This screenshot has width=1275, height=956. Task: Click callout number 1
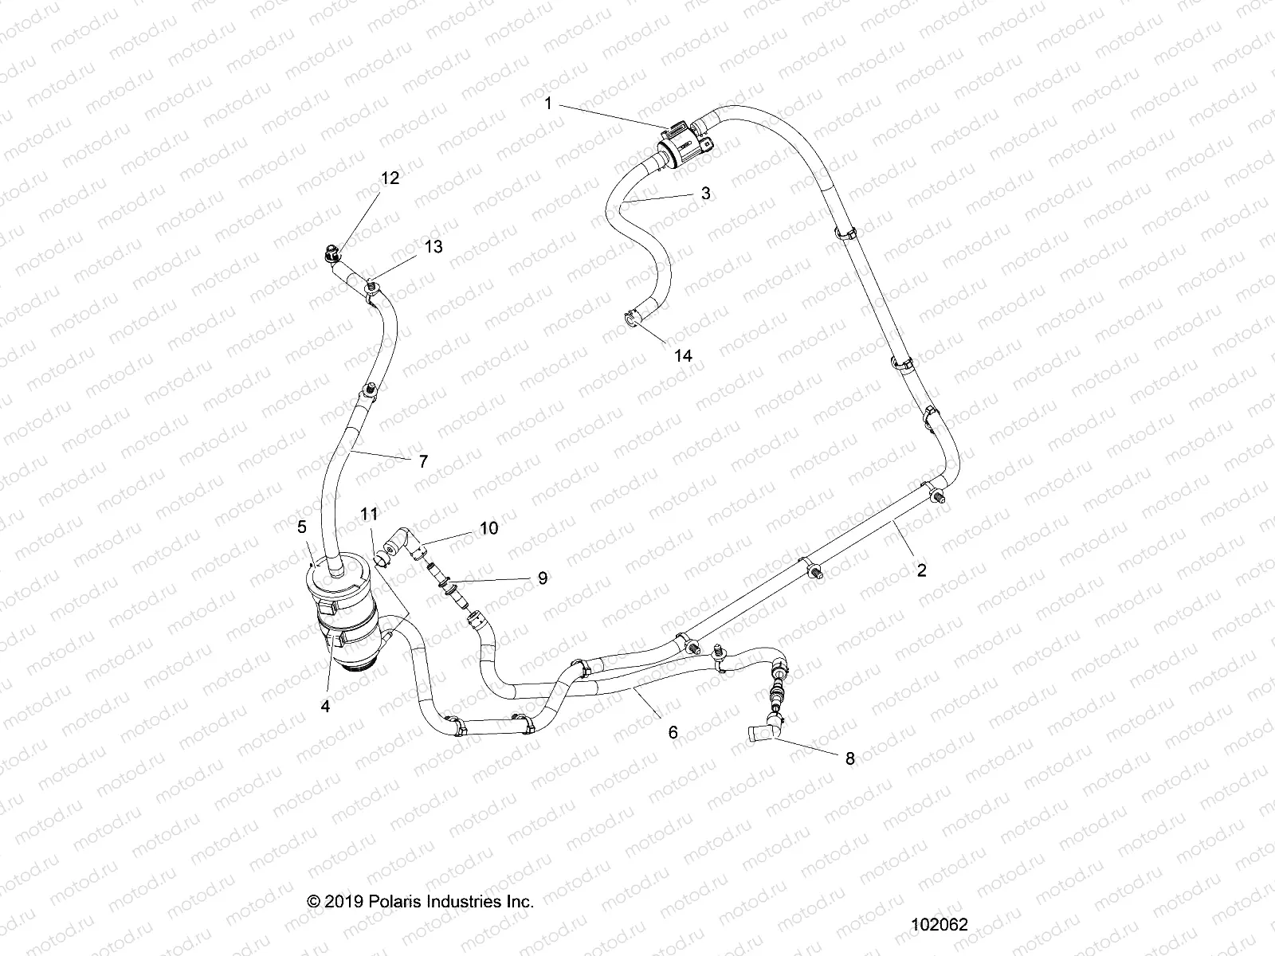click(x=571, y=103)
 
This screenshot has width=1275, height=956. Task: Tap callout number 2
click(x=921, y=570)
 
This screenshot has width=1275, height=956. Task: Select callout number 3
click(x=705, y=194)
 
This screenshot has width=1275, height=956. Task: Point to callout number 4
click(x=325, y=706)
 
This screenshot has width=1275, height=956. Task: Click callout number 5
click(x=302, y=527)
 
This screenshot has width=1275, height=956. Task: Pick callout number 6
click(x=673, y=731)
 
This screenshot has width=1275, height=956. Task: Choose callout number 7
click(x=423, y=460)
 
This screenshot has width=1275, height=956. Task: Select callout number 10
click(x=488, y=527)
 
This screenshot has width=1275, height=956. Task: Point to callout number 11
click(x=369, y=515)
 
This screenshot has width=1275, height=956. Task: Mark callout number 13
click(x=433, y=247)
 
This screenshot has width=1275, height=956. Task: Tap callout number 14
click(x=683, y=356)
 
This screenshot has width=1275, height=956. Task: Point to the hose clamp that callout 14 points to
click(x=635, y=318)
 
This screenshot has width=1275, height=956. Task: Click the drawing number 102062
click(x=940, y=925)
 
